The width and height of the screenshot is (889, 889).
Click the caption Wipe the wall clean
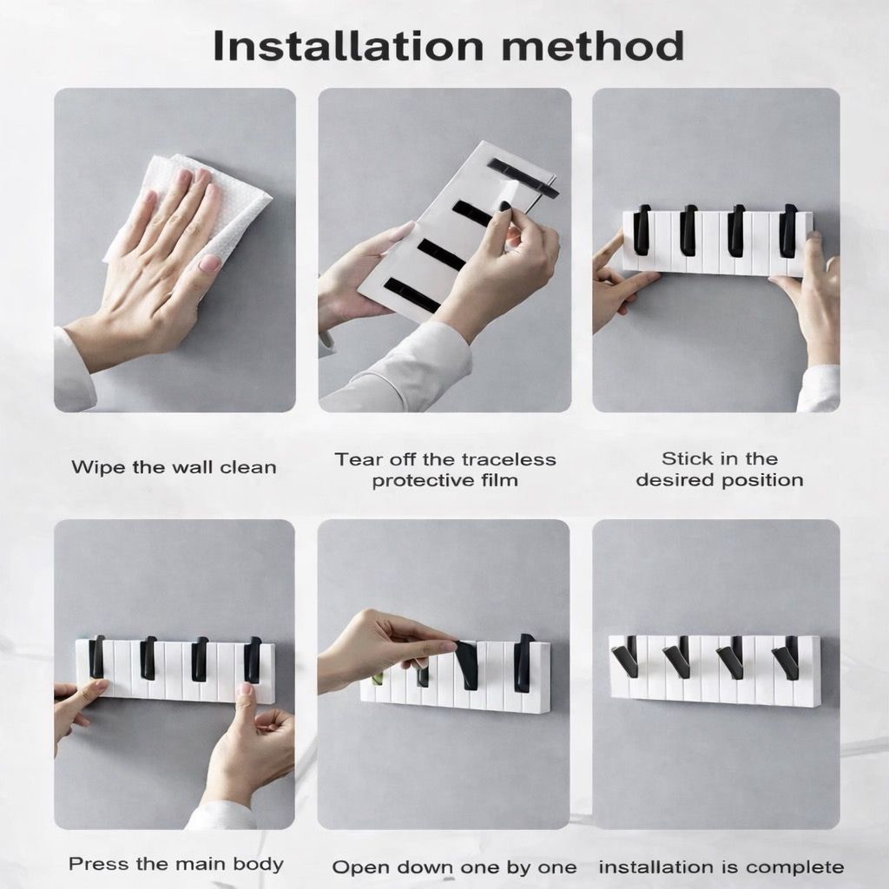[174, 467]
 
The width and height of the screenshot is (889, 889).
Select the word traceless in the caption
[508, 459]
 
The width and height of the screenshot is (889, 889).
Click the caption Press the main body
[176, 864]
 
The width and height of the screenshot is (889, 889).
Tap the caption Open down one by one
[454, 866]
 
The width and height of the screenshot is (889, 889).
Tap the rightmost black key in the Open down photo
[524, 662]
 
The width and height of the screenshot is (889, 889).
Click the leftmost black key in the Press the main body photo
[96, 658]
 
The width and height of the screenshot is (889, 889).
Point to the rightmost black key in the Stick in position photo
[787, 231]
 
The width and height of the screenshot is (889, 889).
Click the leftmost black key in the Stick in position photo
[642, 231]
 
